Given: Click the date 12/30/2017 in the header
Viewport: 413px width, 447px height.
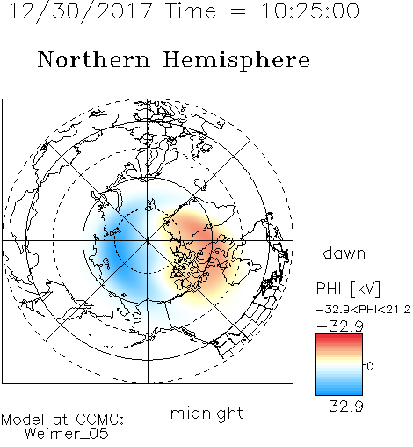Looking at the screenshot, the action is [81, 11].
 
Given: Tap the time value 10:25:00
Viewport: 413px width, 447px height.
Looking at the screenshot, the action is [310, 11].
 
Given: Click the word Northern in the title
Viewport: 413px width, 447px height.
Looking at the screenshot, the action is [94, 60].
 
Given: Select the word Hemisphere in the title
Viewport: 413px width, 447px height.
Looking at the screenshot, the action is [236, 61].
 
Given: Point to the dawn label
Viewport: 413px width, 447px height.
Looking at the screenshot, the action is [344, 253].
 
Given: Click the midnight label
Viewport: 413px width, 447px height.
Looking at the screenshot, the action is [206, 413].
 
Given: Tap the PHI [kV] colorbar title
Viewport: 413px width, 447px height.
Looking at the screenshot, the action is [348, 289].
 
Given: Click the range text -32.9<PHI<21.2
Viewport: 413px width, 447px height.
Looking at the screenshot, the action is [364, 310].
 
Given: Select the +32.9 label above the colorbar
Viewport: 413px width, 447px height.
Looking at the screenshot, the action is [340, 326].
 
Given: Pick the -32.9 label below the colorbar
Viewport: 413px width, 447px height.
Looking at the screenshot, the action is [340, 407].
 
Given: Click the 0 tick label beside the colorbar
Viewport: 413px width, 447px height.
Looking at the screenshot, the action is [370, 366].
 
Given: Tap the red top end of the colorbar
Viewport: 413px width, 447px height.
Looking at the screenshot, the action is [339, 337].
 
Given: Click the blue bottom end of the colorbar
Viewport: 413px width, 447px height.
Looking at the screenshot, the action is [339, 392].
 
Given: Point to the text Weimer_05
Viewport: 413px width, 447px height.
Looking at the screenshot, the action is [67, 434].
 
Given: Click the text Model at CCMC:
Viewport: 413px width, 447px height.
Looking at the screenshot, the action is [62, 420].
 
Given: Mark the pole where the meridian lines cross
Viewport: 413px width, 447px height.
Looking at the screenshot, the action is [148, 240].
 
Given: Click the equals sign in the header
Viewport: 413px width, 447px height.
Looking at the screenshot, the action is [238, 11].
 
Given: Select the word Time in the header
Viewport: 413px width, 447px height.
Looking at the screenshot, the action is [191, 11].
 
